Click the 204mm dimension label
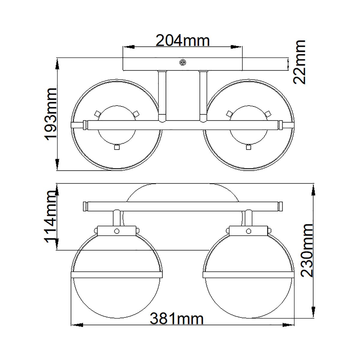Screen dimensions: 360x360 tap(182, 40)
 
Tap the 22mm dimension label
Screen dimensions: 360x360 tap(299, 62)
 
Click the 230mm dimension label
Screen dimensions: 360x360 tap(307, 250)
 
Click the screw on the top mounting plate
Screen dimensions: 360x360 tap(182, 62)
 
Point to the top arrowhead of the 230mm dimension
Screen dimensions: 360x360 tap(314, 190)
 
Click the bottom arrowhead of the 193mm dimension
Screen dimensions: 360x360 tap(57, 164)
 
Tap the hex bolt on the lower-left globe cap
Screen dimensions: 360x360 tap(116, 231)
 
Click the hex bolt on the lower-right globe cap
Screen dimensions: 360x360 tap(248, 231)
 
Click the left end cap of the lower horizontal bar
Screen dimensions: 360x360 tap(85, 206)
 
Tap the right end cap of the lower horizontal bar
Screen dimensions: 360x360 tap(280, 206)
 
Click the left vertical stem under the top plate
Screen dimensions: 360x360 tap(162, 96)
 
